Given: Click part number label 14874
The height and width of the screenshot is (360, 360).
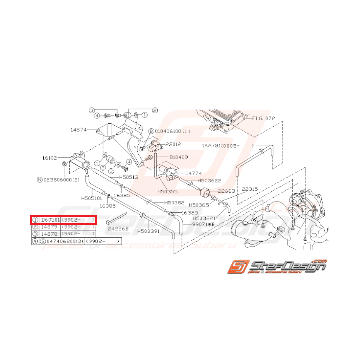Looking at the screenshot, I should click(x=78, y=130).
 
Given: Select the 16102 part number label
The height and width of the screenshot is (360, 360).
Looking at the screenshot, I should click(x=50, y=158).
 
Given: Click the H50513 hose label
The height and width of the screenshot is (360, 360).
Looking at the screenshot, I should click(x=128, y=177).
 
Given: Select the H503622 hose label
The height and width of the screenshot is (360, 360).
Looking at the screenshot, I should click(x=209, y=180).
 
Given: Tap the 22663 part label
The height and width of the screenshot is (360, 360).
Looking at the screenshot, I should click(x=226, y=191).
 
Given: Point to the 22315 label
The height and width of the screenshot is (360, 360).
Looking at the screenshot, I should click(x=250, y=189).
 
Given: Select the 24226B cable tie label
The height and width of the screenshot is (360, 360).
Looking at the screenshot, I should click(x=118, y=229).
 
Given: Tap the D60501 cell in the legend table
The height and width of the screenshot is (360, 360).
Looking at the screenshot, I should click(x=50, y=220).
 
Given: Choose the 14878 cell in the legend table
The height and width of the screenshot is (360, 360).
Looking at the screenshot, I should click(x=50, y=234).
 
